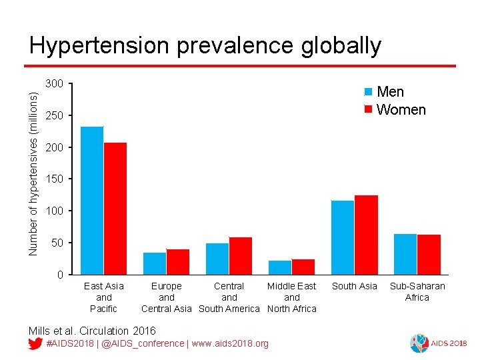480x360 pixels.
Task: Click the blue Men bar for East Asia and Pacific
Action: (x=92, y=200)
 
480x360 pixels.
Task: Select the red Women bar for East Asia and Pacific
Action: (x=115, y=208)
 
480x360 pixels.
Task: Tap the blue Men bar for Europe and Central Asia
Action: (x=155, y=263)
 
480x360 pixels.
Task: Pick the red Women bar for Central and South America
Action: (x=241, y=256)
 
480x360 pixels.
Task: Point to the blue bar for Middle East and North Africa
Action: (x=280, y=267)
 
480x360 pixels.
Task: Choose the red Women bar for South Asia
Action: (x=366, y=235)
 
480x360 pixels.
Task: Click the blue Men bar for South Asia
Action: (x=343, y=237)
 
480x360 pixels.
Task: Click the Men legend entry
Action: (x=385, y=92)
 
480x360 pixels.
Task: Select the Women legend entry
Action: (x=395, y=109)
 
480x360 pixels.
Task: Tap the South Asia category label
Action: (x=354, y=286)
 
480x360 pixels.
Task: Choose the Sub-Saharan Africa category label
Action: (x=417, y=291)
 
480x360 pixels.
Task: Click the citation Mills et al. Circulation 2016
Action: (x=92, y=331)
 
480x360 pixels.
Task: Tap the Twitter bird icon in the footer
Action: (x=36, y=343)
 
